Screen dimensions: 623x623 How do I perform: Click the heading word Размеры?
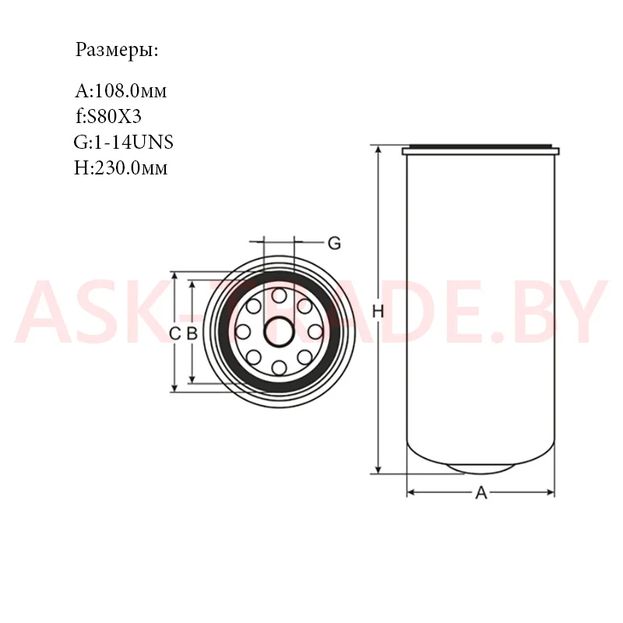[x=117, y=51]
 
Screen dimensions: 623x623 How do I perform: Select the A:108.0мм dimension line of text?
[x=121, y=91]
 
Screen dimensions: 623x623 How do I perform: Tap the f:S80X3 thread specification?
[x=108, y=116]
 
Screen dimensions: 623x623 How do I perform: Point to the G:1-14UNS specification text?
[x=124, y=142]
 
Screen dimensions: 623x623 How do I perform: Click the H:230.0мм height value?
[x=121, y=167]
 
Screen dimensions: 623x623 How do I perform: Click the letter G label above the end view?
[x=335, y=243]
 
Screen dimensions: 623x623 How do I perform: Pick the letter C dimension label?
[x=174, y=334]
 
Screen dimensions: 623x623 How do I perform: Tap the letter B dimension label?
[x=192, y=334]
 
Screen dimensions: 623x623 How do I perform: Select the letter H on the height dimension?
[x=378, y=311]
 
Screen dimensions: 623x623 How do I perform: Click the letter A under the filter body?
[x=481, y=493]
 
